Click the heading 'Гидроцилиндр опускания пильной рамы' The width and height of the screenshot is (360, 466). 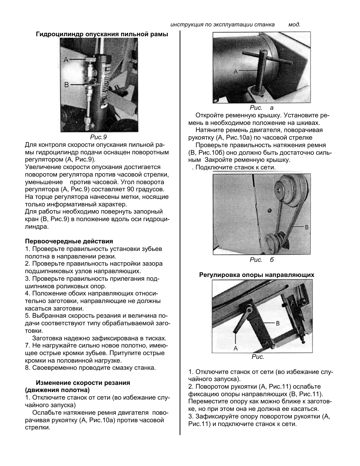(102, 34)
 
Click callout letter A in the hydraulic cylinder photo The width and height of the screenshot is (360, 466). (66, 60)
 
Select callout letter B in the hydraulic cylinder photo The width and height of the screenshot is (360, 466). (66, 85)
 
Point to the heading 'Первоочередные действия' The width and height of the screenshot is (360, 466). (69, 241)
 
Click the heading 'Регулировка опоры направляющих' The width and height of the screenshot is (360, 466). (257, 275)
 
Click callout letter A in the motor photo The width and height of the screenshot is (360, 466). (236, 71)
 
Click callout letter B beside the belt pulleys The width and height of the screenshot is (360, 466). (306, 227)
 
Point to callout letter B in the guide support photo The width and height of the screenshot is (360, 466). (277, 323)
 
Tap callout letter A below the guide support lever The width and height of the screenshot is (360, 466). (236, 348)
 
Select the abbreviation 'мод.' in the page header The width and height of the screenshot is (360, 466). (294, 25)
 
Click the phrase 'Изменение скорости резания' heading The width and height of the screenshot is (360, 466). (83, 383)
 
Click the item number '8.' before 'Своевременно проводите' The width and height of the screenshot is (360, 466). (28, 368)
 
